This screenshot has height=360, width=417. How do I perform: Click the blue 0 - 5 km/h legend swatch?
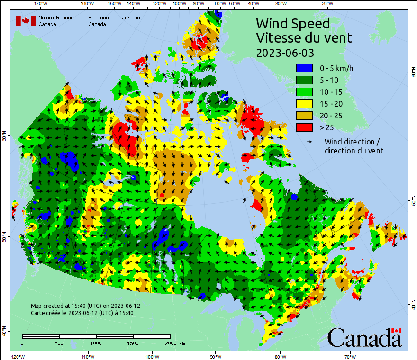coord(304,68)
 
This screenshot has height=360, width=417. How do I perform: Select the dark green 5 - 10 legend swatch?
coord(304,80)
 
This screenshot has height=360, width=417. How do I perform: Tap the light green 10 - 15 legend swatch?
coord(304,92)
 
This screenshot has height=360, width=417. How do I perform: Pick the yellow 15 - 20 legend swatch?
coord(304,104)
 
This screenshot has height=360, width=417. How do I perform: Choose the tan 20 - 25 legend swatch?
coord(304,116)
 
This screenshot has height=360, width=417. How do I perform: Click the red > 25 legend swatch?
coord(304,127)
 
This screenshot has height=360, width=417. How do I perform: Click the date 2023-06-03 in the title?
coord(285,53)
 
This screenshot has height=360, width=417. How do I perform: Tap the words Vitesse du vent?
coord(304,38)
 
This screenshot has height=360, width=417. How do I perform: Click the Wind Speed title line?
coord(292,23)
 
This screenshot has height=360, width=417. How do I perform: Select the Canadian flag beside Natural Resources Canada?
coord(26,21)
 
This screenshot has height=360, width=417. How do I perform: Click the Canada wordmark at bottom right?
coord(364,337)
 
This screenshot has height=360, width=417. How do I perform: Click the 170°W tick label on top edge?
coord(41,4)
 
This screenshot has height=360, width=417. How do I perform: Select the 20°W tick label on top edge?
coord(326,4)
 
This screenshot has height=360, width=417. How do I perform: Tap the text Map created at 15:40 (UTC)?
coord(85,306)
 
